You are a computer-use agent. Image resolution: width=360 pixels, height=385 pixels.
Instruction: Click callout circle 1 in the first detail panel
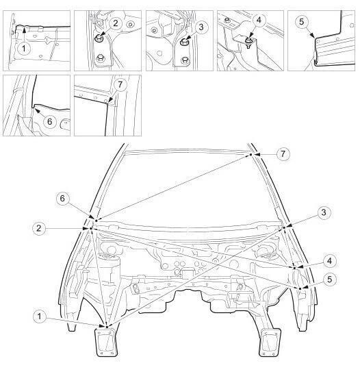point(24,48)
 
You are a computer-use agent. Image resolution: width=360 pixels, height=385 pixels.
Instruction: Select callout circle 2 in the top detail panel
point(116,23)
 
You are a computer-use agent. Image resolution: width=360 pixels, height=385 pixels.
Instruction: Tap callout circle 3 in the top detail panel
point(201,27)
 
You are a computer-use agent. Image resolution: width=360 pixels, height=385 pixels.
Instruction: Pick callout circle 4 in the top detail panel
point(259,20)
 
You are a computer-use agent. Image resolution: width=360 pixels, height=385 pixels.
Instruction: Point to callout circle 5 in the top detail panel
point(301,22)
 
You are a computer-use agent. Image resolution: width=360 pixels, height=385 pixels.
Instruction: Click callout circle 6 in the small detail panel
point(49,121)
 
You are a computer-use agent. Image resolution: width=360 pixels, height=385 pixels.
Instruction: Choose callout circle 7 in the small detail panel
point(120,84)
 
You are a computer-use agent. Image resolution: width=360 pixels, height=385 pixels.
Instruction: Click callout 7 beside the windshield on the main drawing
point(283,154)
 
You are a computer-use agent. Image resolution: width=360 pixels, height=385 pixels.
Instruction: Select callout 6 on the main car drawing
point(62,198)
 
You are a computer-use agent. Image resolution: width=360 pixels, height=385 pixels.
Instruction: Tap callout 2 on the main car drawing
point(39,228)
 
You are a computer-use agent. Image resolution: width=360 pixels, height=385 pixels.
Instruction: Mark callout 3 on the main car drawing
point(324,212)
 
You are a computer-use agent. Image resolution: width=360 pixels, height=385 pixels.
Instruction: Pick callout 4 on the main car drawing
point(330,260)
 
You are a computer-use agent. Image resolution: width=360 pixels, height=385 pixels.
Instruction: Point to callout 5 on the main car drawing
point(330,280)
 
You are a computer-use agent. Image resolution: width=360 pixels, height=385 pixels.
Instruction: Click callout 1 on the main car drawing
point(40,316)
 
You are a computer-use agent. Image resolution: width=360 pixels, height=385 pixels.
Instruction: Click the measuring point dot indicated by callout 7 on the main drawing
point(251,154)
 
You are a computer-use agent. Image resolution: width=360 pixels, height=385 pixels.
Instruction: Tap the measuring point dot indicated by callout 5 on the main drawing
point(300,288)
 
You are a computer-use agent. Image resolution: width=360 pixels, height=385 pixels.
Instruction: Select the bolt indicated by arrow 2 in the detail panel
point(99,38)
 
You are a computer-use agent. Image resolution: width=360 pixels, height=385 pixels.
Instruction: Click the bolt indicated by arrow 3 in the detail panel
point(183,42)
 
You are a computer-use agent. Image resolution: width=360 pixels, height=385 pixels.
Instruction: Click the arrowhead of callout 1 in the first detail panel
point(24,30)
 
